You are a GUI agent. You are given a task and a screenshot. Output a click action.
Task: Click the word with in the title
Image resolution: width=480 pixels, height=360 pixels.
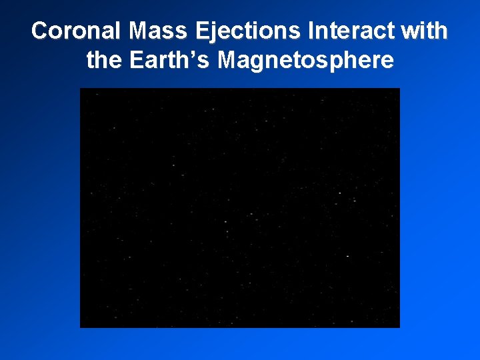pos(427,31)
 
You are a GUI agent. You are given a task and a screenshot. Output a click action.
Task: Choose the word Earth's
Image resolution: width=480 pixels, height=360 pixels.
pos(169,60)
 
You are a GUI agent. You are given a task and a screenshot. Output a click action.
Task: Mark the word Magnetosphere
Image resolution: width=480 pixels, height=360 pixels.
pos(306,60)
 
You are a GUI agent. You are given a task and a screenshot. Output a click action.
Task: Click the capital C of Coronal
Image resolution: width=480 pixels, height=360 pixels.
pos(41,31)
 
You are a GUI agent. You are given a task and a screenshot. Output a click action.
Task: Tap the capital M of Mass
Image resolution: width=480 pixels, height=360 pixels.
pos(141,31)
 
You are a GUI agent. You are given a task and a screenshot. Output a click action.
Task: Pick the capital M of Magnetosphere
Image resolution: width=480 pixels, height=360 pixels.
pos(229,60)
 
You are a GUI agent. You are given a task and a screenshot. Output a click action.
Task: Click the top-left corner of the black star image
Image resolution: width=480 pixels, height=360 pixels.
pos(81,89)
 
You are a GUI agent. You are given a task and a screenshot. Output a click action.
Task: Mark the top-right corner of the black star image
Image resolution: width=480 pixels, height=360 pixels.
pos(399,89)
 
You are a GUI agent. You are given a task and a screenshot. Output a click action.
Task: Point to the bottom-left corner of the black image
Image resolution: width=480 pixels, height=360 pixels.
pos(81,327)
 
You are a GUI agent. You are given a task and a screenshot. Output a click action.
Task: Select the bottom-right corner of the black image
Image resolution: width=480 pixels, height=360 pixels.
pos(399,327)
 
